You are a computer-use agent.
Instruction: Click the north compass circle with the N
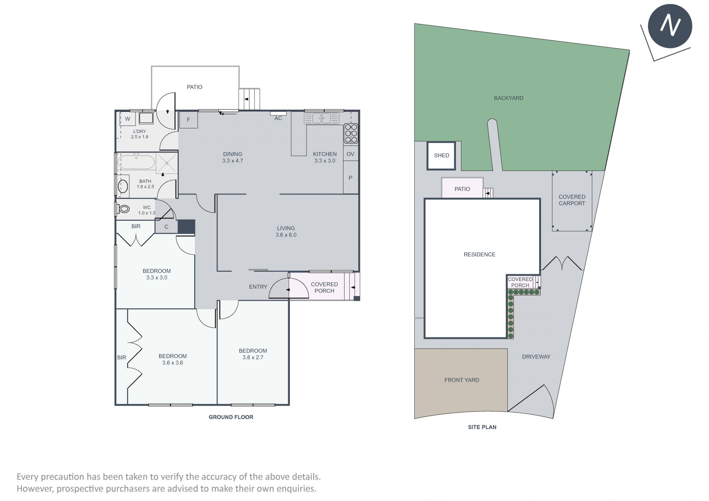click(670, 26)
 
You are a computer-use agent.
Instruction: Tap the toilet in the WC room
click(123, 209)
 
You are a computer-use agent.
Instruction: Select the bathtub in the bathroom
click(136, 162)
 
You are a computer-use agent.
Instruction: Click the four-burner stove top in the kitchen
click(351, 133)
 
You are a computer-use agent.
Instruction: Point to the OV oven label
click(350, 154)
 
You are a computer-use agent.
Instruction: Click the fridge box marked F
click(188, 120)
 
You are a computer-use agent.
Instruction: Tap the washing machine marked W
click(128, 119)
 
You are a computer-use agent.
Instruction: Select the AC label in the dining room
click(278, 118)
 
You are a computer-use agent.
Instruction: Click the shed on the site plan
click(441, 155)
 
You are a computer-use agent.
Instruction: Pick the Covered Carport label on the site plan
click(572, 200)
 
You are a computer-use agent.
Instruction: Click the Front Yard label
click(462, 380)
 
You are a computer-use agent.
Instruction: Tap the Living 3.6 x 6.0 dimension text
click(286, 235)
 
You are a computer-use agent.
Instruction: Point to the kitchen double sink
click(322, 118)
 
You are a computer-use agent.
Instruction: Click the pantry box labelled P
click(350, 178)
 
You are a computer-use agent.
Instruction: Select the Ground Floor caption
click(231, 417)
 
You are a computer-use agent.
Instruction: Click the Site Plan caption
click(482, 427)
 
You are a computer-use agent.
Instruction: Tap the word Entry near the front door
click(258, 286)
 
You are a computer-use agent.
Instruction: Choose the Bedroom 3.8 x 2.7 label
click(253, 354)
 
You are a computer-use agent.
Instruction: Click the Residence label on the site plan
click(479, 254)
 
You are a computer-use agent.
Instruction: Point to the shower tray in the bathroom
click(167, 163)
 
